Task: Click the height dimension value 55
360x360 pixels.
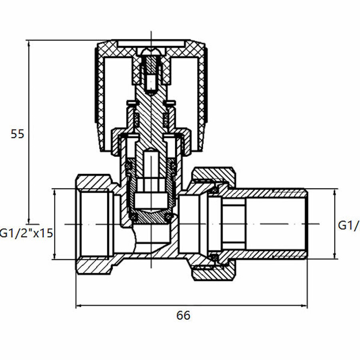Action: point(17,134)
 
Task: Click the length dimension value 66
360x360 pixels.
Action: point(183,316)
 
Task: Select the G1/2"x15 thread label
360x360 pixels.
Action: point(26,233)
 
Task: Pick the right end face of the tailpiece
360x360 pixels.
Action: point(307,224)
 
